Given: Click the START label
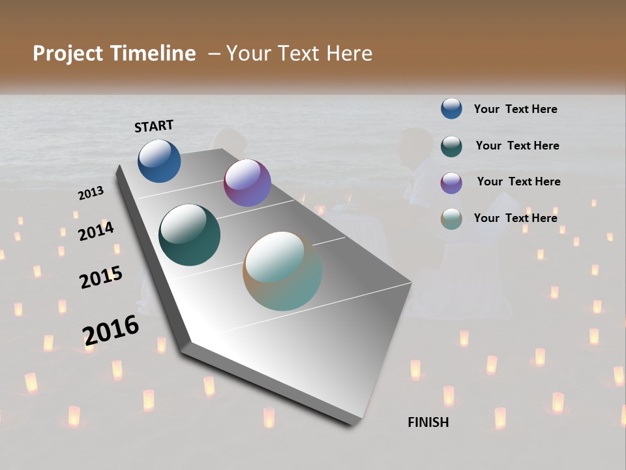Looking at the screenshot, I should [x=154, y=126].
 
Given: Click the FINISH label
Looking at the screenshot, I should [x=428, y=422].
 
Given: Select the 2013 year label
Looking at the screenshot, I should [x=91, y=193].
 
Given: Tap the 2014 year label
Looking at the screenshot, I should [x=96, y=232].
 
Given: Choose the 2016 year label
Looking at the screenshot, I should [x=111, y=330].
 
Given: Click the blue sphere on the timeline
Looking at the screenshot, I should [x=159, y=161].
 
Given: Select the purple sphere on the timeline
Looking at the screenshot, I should [x=247, y=183].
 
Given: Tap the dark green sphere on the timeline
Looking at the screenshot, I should [x=189, y=235].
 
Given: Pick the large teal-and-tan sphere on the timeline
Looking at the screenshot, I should [x=282, y=271].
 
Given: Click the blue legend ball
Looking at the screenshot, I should [x=451, y=108].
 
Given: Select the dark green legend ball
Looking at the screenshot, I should [x=451, y=146].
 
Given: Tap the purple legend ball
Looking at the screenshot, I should [x=451, y=182].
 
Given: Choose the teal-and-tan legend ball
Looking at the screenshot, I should [x=451, y=219].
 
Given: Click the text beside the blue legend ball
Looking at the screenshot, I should [x=515, y=110].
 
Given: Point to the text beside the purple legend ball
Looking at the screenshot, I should [x=518, y=181].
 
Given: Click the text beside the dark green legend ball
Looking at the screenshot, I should [x=517, y=146].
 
